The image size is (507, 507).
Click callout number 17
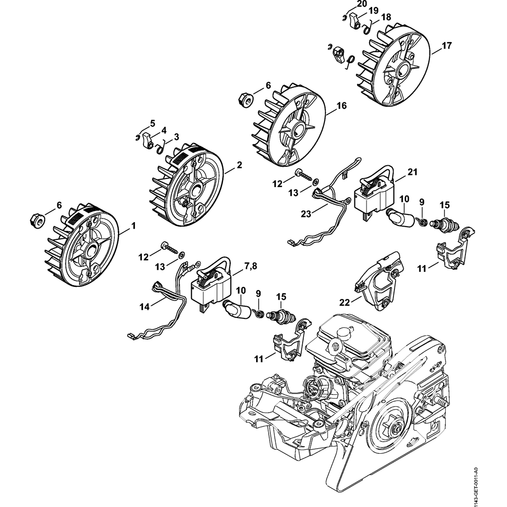click(447, 46)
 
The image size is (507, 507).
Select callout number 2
click(239, 165)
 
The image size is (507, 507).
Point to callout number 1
click(133, 226)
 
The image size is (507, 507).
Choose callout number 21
click(413, 172)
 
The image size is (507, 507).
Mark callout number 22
click(345, 302)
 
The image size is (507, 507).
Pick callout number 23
click(306, 214)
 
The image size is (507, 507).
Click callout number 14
click(144, 307)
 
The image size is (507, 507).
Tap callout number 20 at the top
click(353, 4)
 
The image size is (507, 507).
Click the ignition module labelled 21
click(375, 194)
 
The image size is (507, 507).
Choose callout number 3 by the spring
click(176, 137)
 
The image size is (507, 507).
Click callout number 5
click(152, 123)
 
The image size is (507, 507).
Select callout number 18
click(386, 17)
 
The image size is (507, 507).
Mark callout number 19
click(374, 11)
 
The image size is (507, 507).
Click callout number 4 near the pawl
click(164, 130)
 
